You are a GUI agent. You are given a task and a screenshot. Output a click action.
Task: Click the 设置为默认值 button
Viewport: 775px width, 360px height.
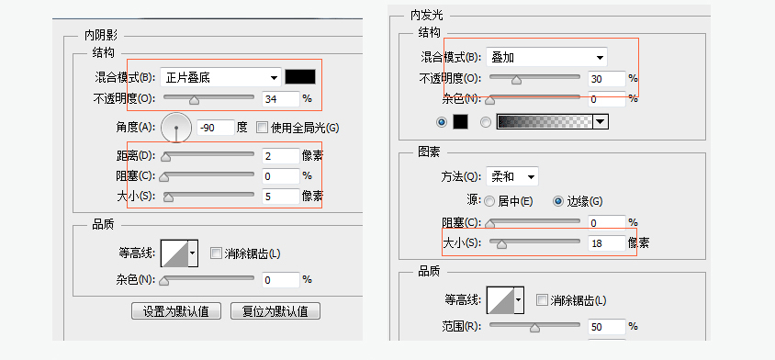pyautogui.click(x=176, y=310)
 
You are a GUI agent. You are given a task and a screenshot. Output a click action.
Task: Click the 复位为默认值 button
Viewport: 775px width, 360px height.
pyautogui.click(x=275, y=310)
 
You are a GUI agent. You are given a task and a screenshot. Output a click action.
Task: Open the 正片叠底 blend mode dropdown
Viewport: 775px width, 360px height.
pyautogui.click(x=220, y=77)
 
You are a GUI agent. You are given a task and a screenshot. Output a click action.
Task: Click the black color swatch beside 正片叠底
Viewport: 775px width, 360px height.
pyautogui.click(x=300, y=77)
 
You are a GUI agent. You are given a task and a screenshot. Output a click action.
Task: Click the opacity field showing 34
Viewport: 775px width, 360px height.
pyautogui.click(x=279, y=98)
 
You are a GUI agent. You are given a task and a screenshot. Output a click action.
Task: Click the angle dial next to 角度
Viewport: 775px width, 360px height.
pyautogui.click(x=175, y=128)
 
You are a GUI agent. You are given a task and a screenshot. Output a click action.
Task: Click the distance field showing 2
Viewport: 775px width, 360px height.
pyautogui.click(x=279, y=155)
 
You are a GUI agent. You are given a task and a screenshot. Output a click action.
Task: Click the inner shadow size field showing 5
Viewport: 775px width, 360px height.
pyautogui.click(x=279, y=196)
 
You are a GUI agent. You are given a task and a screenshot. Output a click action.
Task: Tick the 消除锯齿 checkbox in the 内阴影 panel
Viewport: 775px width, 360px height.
pyautogui.click(x=216, y=253)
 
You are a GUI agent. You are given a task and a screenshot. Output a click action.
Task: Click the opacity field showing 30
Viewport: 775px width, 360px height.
pyautogui.click(x=605, y=79)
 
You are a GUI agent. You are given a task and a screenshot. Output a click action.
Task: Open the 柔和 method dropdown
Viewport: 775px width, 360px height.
pyautogui.click(x=511, y=176)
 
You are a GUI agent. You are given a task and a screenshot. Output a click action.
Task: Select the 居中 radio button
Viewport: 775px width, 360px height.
pyautogui.click(x=489, y=200)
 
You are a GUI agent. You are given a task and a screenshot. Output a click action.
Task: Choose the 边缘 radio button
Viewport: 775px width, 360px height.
pyautogui.click(x=557, y=200)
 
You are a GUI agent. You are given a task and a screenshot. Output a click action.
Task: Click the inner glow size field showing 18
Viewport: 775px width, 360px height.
pyautogui.click(x=605, y=243)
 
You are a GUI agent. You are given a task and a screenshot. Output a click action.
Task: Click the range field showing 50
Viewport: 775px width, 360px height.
pyautogui.click(x=605, y=327)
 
